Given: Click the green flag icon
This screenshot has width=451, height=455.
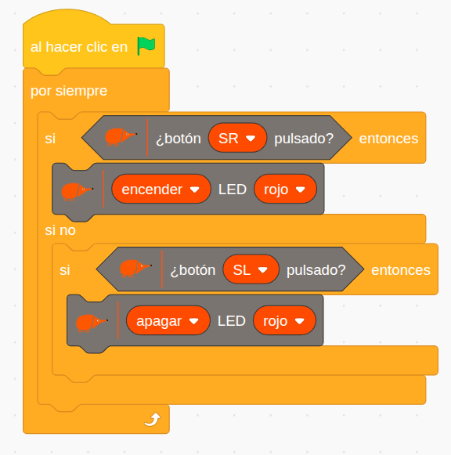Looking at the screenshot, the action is tap(146, 46).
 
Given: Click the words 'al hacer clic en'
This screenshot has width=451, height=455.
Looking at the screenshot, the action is tap(79, 47).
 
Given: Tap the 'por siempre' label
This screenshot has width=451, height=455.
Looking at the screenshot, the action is tap(69, 91).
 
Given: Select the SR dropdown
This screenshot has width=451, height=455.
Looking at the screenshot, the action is tap(237, 138).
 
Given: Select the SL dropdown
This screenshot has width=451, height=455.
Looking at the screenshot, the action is tap(251, 269).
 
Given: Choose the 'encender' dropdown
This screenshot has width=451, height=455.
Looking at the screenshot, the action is tap(161, 190).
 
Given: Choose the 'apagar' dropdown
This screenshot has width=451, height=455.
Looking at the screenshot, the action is tap(168, 320).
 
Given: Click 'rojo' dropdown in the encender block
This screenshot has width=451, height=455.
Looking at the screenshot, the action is tap(285, 190).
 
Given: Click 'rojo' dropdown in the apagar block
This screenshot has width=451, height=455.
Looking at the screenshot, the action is tap(284, 320).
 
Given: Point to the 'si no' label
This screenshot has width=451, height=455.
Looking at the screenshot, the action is tap(60, 230).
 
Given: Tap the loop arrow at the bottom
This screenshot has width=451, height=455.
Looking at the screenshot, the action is tap(153, 419).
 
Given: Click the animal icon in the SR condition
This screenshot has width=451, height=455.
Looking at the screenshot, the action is tap(121, 137).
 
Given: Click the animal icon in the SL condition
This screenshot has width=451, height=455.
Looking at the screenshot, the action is tap(135, 268).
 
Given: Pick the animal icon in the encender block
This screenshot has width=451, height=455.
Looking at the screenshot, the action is tap(77, 191).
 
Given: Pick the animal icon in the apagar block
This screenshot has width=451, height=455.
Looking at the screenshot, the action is tap(92, 323).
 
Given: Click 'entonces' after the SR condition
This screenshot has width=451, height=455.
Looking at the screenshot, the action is tap(388, 139).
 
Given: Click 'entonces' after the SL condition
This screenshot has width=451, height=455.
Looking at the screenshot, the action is tap(401, 270).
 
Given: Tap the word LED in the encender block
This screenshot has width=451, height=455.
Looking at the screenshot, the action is tap(233, 190).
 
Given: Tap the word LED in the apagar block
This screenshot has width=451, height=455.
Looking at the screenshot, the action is tap(232, 321).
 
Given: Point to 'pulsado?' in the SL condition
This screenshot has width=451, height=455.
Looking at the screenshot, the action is tap(316, 270).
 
